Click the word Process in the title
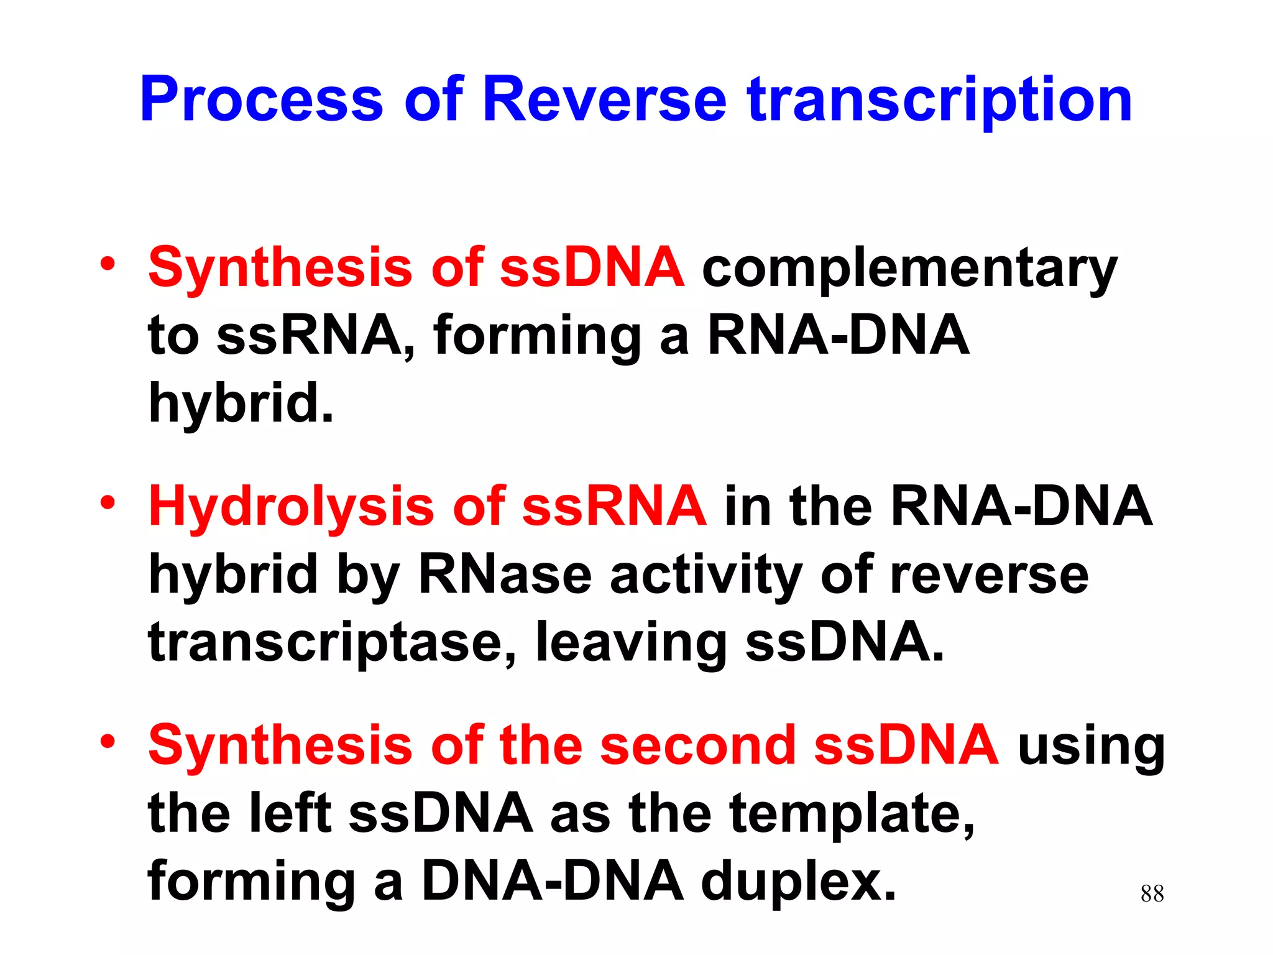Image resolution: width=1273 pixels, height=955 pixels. (x=261, y=99)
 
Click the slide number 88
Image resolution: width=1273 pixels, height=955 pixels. (x=1152, y=893)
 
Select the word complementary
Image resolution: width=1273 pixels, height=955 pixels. (x=909, y=270)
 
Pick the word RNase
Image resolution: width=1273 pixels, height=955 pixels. (x=505, y=574)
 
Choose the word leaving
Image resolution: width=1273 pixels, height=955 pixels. (x=631, y=644)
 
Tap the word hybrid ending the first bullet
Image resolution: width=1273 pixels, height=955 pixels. (x=240, y=403)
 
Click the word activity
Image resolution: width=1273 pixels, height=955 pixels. (x=705, y=576)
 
